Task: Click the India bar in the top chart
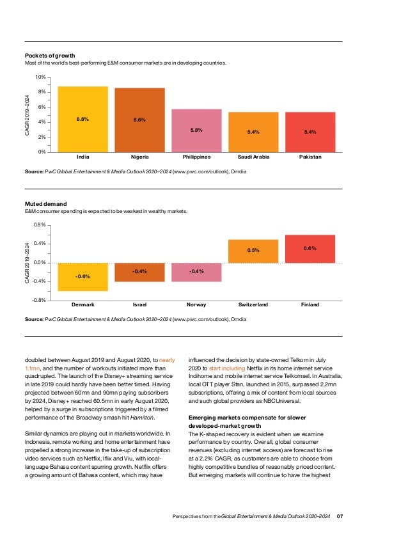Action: click(82, 119)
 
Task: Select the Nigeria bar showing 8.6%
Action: click(139, 120)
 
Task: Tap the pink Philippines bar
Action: click(196, 130)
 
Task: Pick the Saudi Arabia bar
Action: click(253, 132)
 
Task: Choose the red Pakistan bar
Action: click(310, 132)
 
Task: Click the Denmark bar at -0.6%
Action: click(82, 276)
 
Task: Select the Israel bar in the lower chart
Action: click(139, 272)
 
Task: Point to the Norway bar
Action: click(196, 272)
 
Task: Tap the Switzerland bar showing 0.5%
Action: click(253, 251)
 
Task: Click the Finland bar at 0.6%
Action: click(310, 249)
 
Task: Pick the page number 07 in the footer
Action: click(340, 516)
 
